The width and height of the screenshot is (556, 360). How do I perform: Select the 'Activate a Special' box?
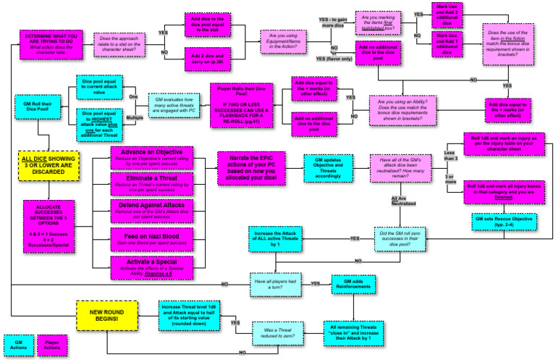click(152, 261)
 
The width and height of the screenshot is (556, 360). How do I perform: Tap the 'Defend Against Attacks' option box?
click(152, 209)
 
